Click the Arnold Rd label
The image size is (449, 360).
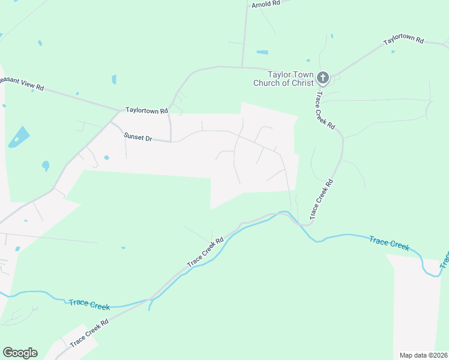(x=266, y=4)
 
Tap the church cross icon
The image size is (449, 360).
(x=323, y=77)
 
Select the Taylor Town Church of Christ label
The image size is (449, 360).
(x=283, y=79)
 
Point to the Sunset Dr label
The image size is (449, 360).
(x=138, y=137)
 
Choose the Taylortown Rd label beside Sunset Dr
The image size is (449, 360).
(x=146, y=110)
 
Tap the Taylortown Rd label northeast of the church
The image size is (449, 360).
(x=404, y=41)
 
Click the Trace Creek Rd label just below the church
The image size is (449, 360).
(x=325, y=109)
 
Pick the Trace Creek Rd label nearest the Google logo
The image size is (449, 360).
(x=89, y=333)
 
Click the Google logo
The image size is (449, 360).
(x=20, y=353)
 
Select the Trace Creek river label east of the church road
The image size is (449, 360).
(x=389, y=243)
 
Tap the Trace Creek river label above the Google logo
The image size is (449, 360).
(x=89, y=305)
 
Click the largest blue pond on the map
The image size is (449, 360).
(x=19, y=137)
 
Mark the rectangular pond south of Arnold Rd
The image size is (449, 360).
(x=262, y=52)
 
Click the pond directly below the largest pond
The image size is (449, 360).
(x=45, y=166)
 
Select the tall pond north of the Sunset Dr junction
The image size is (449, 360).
(x=114, y=79)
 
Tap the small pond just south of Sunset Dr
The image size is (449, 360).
(x=106, y=158)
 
